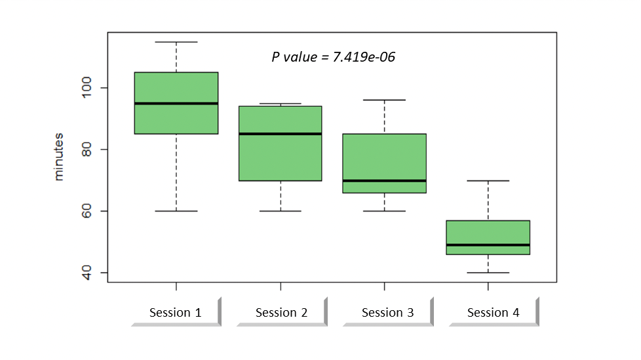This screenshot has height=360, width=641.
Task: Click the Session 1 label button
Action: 175,312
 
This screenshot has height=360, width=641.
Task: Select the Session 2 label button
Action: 281,312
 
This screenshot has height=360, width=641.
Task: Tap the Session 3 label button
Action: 387,312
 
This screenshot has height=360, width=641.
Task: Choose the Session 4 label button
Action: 493,312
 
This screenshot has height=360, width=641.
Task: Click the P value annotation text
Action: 333,57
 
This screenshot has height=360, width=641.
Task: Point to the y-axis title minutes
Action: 59,157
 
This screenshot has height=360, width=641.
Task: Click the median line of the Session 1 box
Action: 176,103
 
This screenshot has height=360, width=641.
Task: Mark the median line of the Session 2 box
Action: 281,134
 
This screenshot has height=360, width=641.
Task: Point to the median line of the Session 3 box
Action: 384,180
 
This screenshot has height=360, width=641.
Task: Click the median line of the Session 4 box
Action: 488,245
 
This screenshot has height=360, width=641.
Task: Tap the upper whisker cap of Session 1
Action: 176,42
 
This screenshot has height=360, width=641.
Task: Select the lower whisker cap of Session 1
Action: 176,211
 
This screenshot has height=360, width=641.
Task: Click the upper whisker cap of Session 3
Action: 384,100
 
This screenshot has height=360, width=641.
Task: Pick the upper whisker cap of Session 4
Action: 488,180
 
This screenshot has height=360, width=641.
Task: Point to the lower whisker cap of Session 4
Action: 488,272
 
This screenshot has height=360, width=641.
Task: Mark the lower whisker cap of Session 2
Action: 281,211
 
